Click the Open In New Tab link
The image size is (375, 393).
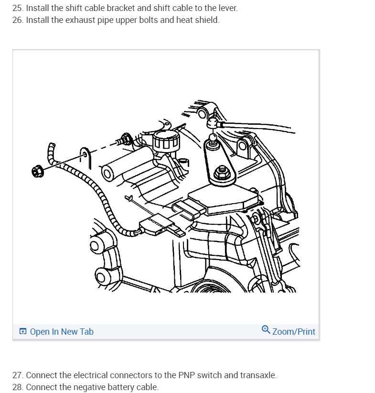pos(56,332)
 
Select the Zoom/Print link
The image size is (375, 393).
pos(289,331)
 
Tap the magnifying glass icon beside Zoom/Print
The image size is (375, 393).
pos(266,329)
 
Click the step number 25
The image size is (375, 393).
pos(18,8)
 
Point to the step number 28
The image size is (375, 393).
pos(18,387)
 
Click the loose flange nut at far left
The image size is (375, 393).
pos(38,172)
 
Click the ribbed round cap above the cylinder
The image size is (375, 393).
pos(166,141)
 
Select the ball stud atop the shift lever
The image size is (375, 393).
pos(213,140)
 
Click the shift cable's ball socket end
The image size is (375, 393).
pos(213,123)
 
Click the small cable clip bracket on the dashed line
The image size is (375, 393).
pos(85,157)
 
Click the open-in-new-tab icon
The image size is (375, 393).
pos(23,331)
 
